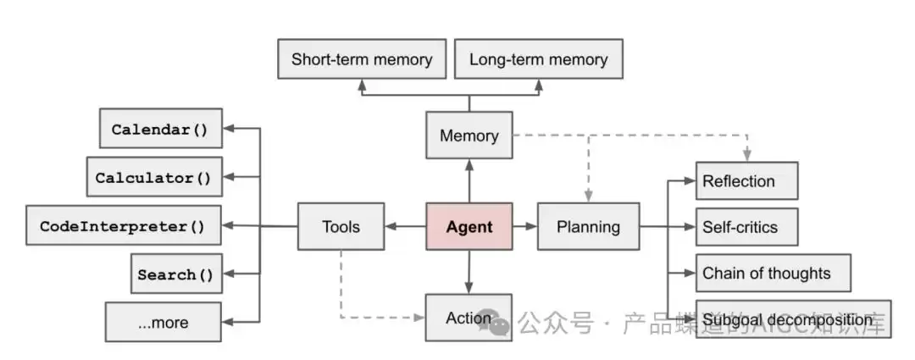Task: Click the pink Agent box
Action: (469, 226)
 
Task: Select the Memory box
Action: (469, 136)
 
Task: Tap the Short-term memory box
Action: (362, 60)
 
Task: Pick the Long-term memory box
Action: (538, 60)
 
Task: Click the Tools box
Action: (341, 226)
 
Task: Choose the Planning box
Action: (588, 226)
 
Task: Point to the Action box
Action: (469, 318)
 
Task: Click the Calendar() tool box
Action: (160, 130)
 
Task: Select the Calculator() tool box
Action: (153, 177)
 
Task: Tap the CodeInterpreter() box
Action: (124, 226)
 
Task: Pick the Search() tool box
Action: (176, 274)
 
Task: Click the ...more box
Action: (163, 322)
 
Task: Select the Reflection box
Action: (746, 181)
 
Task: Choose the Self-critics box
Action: (746, 227)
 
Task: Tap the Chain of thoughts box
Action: (772, 273)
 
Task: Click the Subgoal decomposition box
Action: (792, 319)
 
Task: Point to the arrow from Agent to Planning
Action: (524, 226)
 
